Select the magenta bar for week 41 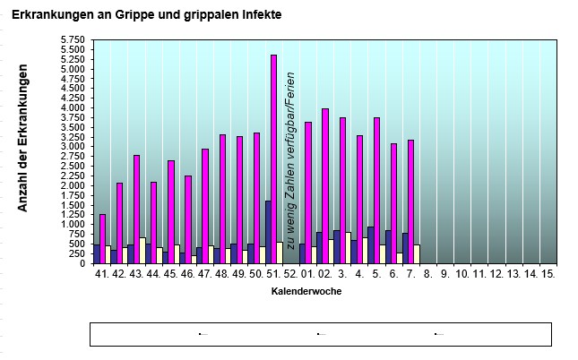tap(102, 239)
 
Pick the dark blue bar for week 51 tap(268, 232)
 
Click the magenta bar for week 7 tap(410, 201)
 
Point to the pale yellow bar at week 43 tap(142, 251)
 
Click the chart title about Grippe tap(148, 16)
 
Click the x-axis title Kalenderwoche tap(306, 291)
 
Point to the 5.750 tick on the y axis tap(73, 40)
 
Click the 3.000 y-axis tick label tap(73, 147)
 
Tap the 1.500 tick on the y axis tap(73, 205)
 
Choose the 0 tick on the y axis tap(81, 263)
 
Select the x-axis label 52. tap(290, 273)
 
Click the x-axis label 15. tap(548, 273)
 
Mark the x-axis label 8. tap(428, 273)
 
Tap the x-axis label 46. tap(187, 273)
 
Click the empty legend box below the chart tap(320, 334)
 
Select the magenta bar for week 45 tap(170, 212)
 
